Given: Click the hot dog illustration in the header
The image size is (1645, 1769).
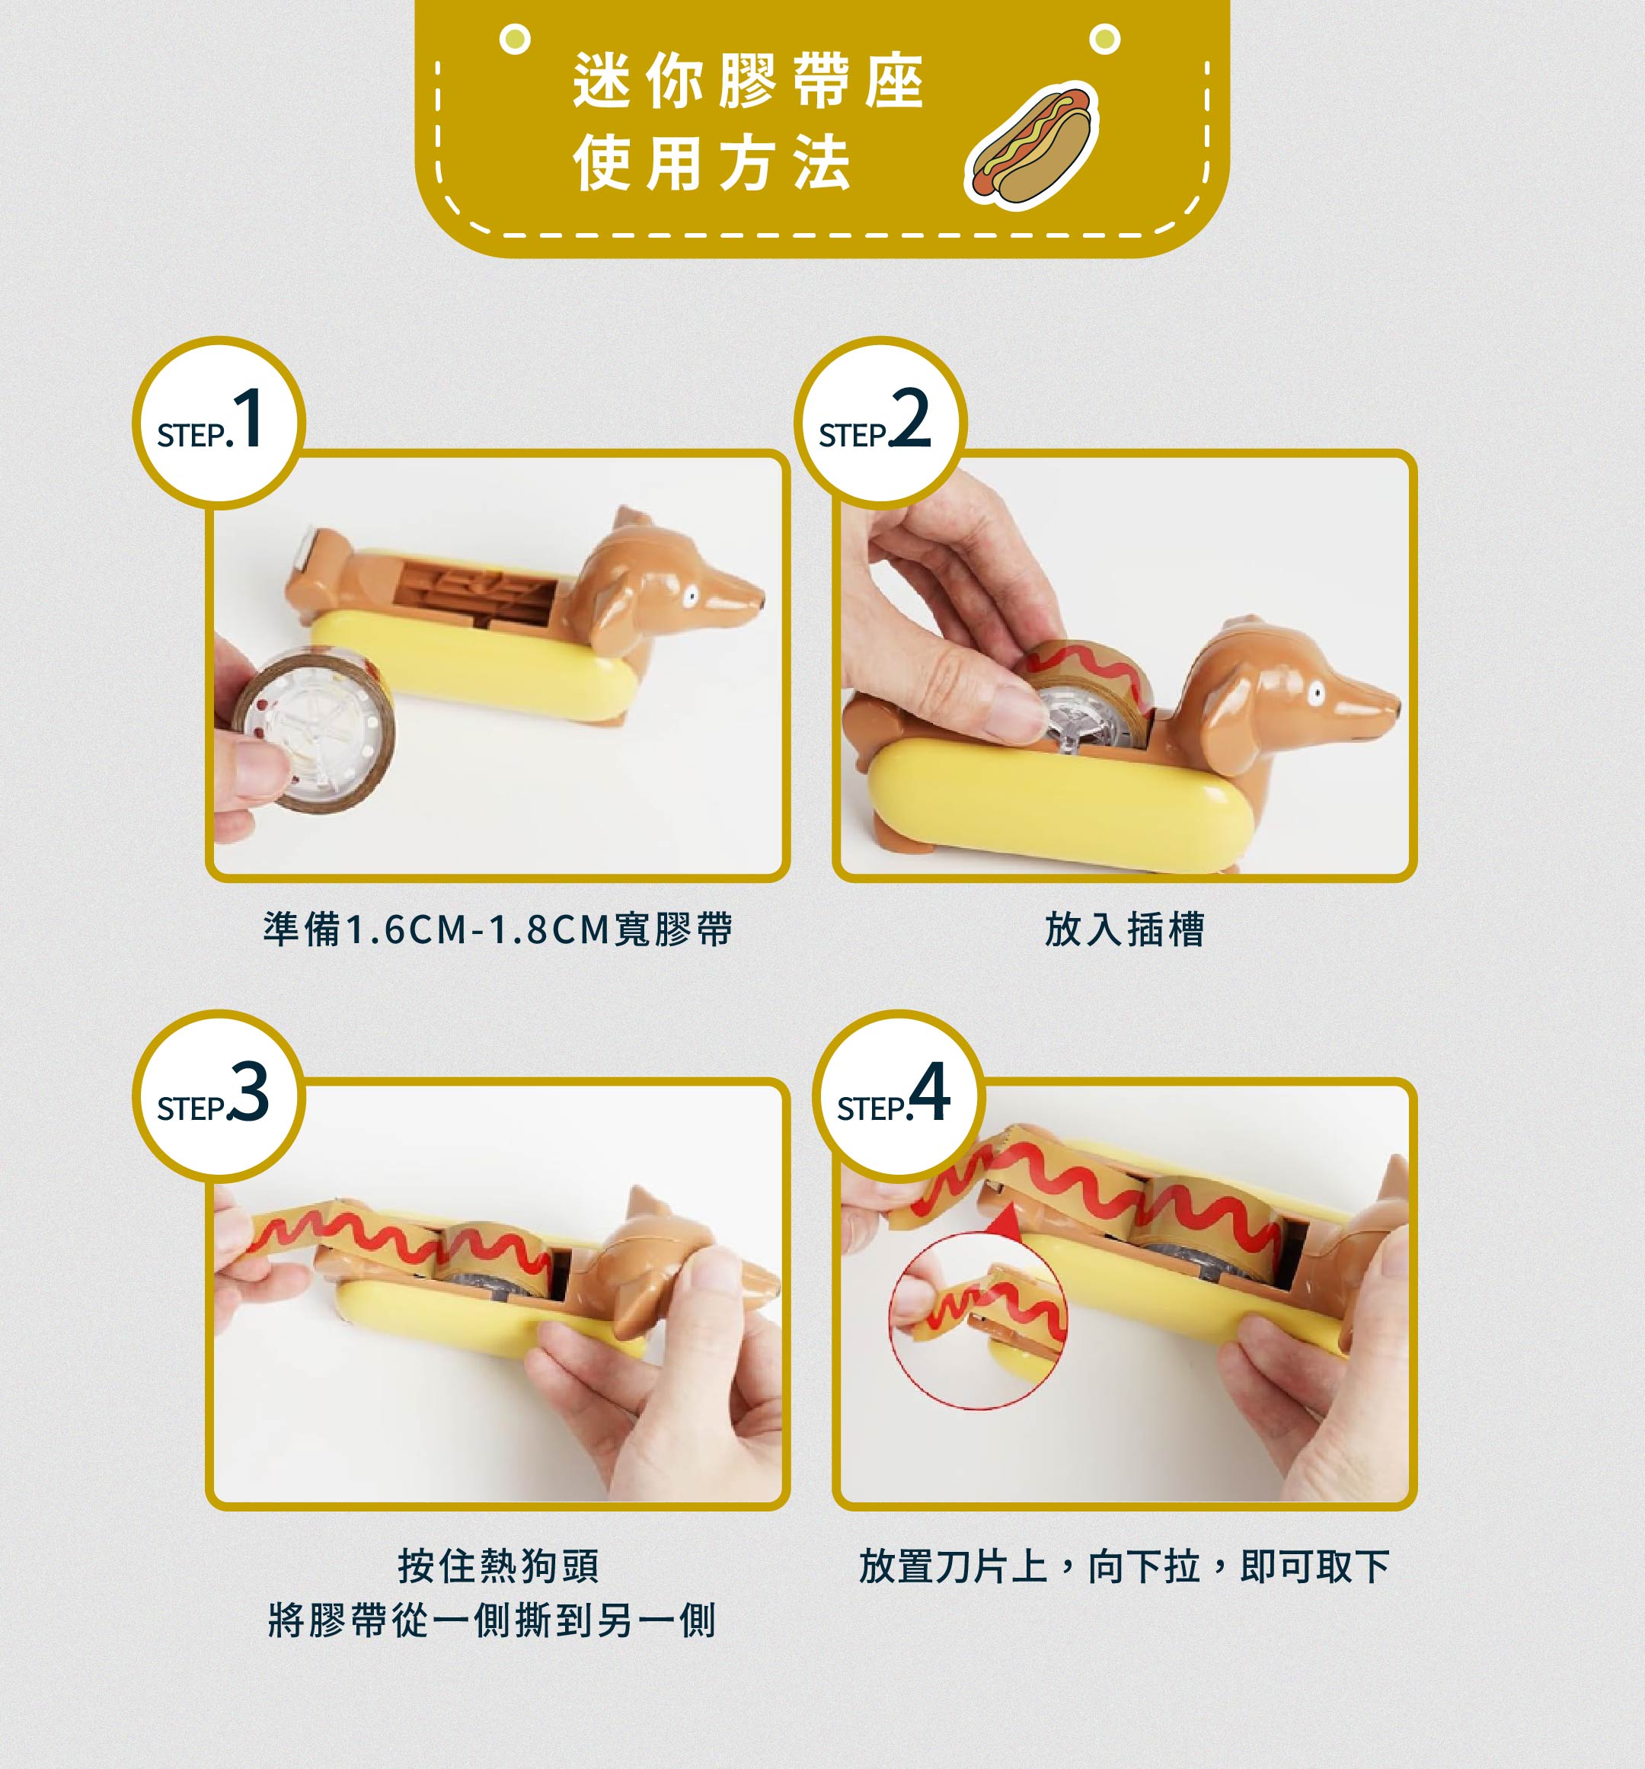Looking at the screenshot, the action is [1032, 145].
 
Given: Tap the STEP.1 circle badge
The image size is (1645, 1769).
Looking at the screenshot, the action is [219, 423].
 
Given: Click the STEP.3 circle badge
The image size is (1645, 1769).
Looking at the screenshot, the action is [219, 1096].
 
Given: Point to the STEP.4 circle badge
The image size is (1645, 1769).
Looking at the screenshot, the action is [899, 1096].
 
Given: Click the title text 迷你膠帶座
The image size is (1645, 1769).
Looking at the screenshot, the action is [749, 81].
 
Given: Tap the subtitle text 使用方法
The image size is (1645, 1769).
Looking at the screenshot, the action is [713, 163].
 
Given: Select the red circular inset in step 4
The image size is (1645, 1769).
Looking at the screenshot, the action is [978, 1321].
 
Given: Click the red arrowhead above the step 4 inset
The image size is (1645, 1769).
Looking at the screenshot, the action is [1006, 1222].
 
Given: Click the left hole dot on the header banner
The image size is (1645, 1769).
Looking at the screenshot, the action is [515, 39].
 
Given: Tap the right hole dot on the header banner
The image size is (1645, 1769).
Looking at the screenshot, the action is [1105, 39].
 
